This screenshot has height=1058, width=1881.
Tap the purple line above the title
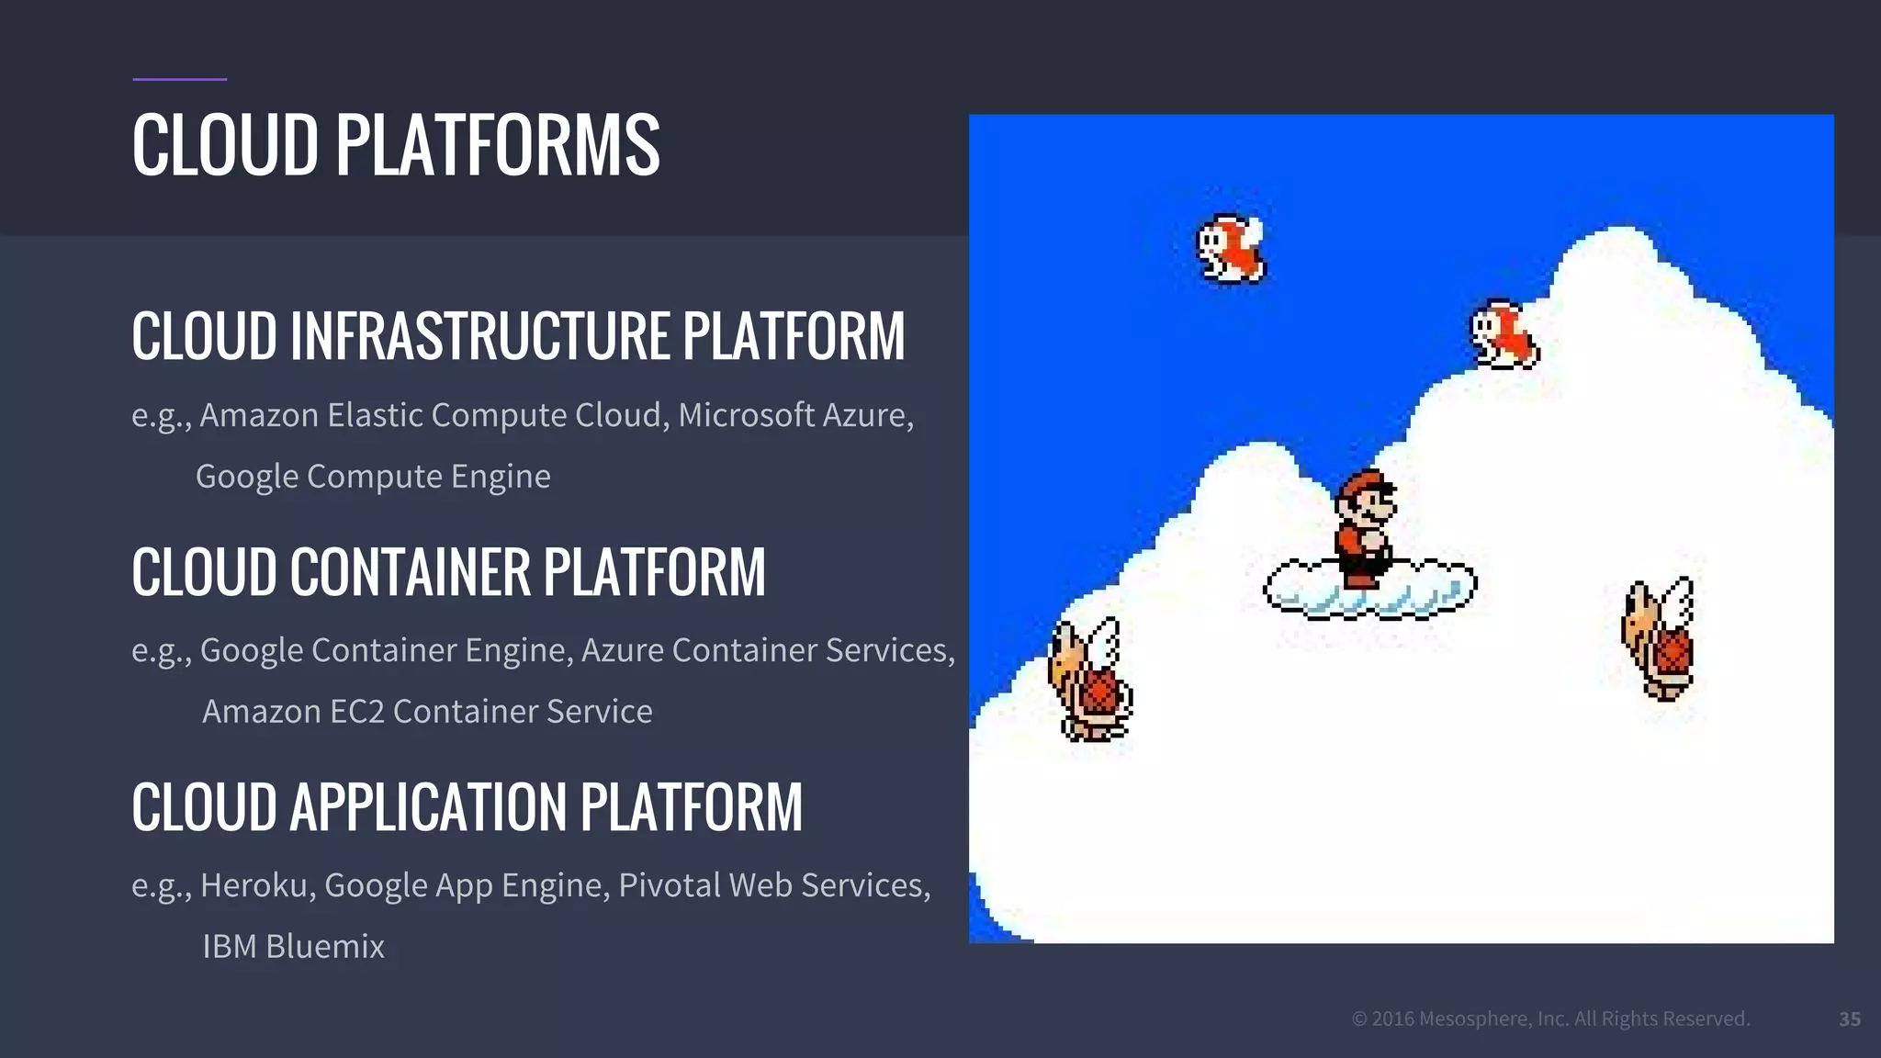(179, 80)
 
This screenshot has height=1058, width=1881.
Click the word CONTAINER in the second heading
(411, 572)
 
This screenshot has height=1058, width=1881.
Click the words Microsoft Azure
(794, 415)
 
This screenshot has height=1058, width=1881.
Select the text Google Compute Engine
(373, 477)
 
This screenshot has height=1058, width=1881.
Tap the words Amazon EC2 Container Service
(427, 712)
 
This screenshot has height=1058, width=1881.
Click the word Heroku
(257, 885)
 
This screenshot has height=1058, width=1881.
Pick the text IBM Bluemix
(293, 947)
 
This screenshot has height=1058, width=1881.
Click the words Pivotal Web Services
(773, 885)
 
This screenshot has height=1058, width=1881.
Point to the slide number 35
(1849, 1019)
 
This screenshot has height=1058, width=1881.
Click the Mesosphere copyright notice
(1550, 1019)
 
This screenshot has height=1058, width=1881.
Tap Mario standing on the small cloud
(1365, 528)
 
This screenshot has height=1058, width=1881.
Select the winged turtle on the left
(1090, 680)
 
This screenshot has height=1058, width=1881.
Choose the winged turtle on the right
(1660, 639)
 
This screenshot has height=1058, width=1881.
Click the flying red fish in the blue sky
(1231, 248)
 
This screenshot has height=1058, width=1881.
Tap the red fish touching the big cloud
(1504, 334)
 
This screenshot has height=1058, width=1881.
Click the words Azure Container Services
(768, 650)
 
